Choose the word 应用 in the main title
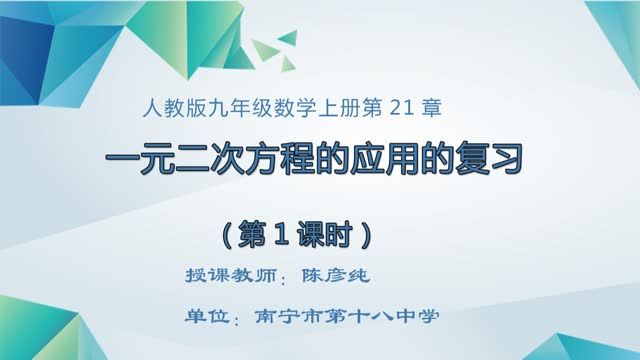[x=407, y=160]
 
